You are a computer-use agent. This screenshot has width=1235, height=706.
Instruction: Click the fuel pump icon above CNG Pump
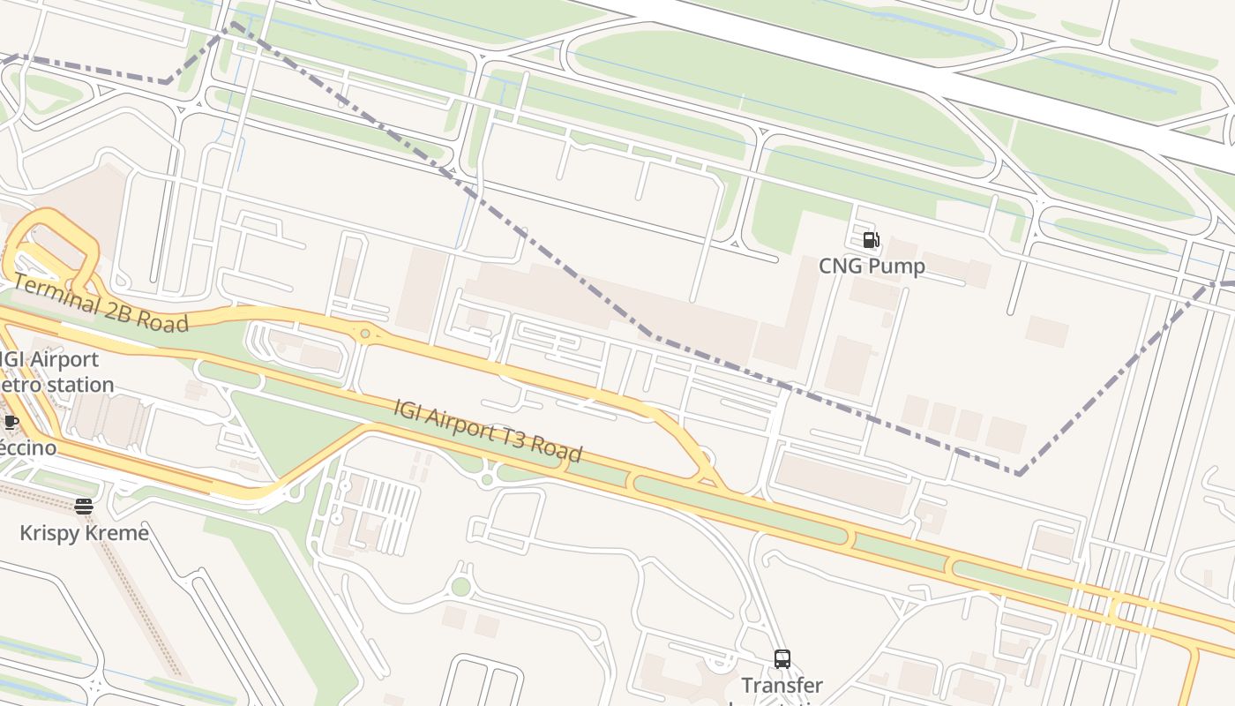point(871,240)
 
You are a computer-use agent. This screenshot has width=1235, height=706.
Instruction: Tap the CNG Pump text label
point(872,266)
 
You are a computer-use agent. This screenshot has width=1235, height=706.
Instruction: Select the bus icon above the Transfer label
point(782,658)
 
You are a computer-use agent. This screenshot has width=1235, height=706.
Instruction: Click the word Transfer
point(782,685)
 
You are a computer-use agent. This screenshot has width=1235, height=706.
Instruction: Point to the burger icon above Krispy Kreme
point(84,507)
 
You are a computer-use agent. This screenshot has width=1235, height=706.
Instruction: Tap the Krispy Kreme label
point(84,533)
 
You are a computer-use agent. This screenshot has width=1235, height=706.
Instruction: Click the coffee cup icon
point(11,423)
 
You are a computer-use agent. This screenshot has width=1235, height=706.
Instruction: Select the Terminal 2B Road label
point(101,303)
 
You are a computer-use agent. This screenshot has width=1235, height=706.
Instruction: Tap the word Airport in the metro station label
point(65,359)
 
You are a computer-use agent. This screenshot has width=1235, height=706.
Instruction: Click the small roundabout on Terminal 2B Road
point(364,334)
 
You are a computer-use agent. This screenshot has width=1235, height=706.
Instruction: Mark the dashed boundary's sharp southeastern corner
point(1019,474)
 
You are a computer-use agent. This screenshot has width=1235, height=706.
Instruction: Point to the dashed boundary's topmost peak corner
point(233,24)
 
